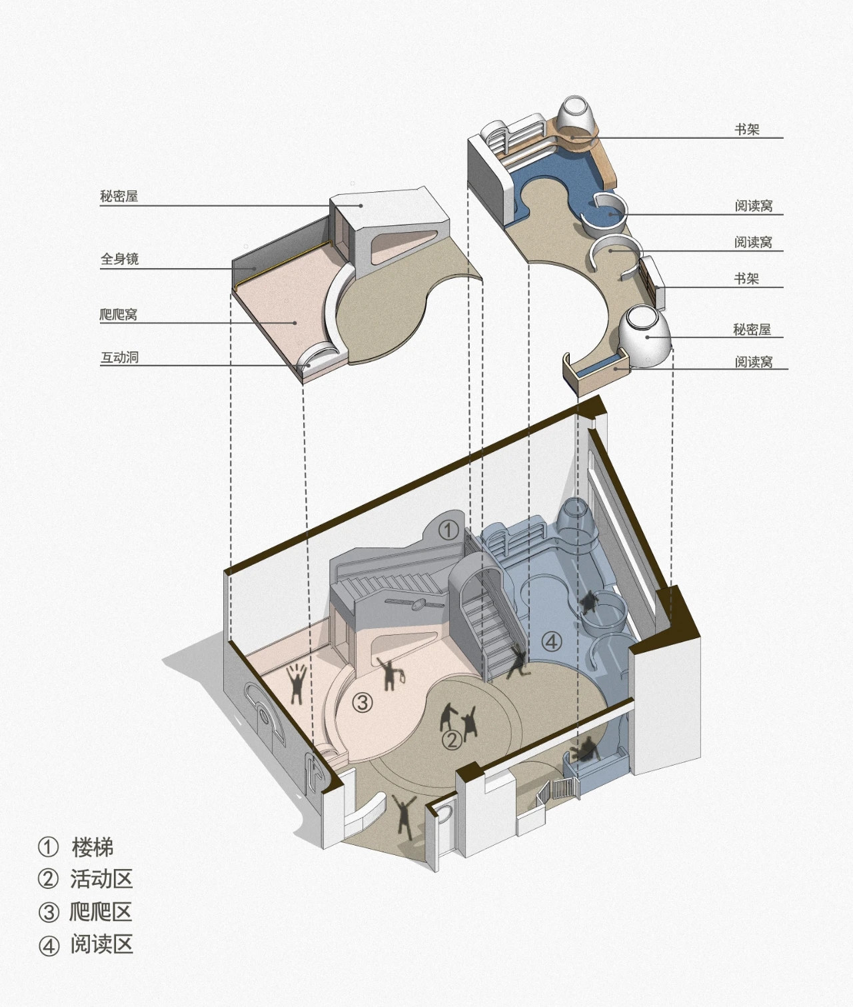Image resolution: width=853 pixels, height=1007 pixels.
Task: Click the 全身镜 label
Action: pos(120,259)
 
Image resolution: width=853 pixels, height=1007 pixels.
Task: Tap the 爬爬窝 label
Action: pos(119,314)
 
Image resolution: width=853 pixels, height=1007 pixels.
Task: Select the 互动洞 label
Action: pos(120,357)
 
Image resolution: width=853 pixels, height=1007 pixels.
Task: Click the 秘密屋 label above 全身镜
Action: pos(119,196)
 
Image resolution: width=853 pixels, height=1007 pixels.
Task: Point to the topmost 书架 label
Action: pos(747,129)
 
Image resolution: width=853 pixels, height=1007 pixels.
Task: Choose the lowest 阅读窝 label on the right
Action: pos(754,362)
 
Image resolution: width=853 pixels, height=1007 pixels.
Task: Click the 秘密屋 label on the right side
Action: pos(752,330)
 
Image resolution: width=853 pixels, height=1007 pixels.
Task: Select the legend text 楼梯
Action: pos(93,847)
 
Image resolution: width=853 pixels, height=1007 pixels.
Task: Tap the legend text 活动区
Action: pos(101,880)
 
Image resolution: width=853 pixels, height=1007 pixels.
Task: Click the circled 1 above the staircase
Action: pos(449,530)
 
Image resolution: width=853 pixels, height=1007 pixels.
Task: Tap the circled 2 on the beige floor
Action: pos(452,740)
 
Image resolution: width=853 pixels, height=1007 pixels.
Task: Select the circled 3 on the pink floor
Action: pos(363,702)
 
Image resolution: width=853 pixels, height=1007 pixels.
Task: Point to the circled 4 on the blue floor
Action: pos(552,642)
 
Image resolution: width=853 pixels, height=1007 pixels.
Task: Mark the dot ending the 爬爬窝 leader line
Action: pos(295,323)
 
